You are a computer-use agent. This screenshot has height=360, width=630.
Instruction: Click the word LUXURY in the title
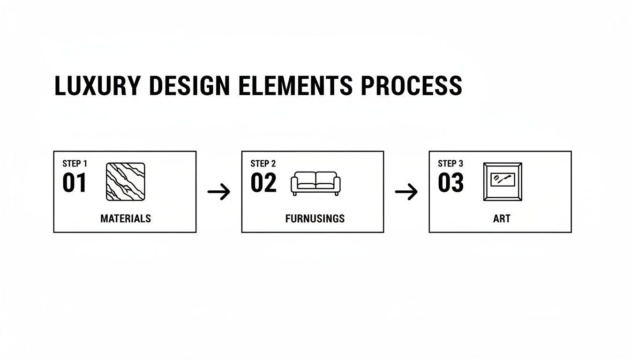pyautogui.click(x=97, y=85)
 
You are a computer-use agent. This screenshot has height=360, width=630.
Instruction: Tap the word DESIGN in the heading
pyautogui.click(x=189, y=85)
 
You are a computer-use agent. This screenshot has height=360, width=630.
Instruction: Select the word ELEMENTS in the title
pyautogui.click(x=295, y=85)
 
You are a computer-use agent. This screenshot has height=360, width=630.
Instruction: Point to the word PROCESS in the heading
pyautogui.click(x=412, y=85)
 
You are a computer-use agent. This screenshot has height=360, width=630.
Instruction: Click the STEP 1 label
pyautogui.click(x=75, y=164)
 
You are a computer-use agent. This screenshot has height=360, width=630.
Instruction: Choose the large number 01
pyautogui.click(x=74, y=183)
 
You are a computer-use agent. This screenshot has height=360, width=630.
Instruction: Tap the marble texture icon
pyautogui.click(x=126, y=182)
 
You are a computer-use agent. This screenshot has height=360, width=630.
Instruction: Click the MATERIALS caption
pyautogui.click(x=126, y=218)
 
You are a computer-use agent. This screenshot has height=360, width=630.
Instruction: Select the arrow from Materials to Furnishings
pyautogui.click(x=219, y=192)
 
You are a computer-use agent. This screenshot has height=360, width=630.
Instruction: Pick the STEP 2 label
pyautogui.click(x=263, y=164)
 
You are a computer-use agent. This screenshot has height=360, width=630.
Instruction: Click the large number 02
pyautogui.click(x=263, y=183)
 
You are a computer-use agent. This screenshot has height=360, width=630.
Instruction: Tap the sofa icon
pyautogui.click(x=315, y=183)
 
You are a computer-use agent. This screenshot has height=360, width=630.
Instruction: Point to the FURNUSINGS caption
pyautogui.click(x=315, y=218)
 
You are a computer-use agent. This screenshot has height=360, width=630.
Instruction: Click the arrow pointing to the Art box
pyautogui.click(x=406, y=192)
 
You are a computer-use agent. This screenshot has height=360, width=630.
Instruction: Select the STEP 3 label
pyautogui.click(x=450, y=164)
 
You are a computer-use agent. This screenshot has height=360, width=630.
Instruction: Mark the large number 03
pyautogui.click(x=451, y=183)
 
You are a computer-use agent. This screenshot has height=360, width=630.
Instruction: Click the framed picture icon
pyautogui.click(x=484, y=182)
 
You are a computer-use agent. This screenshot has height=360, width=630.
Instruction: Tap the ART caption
pyautogui.click(x=502, y=218)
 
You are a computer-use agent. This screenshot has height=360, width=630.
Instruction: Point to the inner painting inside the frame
pyautogui.click(x=502, y=180)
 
